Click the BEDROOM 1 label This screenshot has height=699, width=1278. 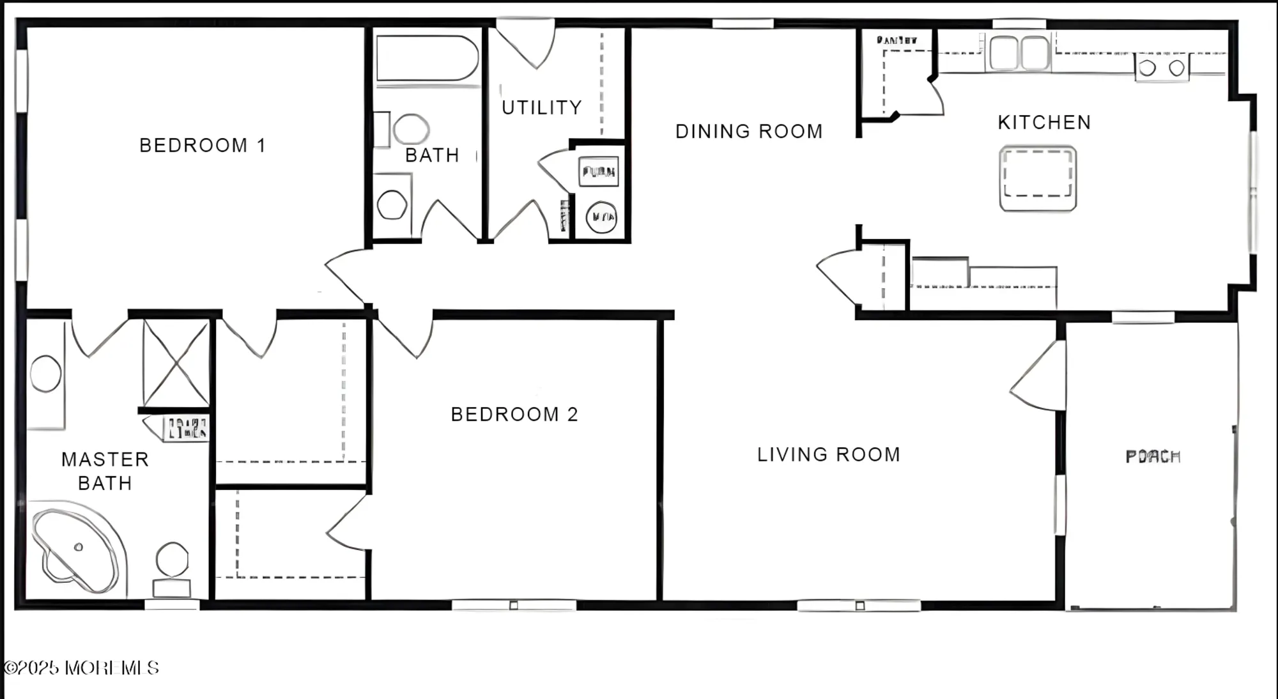click(202, 146)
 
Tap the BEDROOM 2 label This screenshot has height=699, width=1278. click(514, 415)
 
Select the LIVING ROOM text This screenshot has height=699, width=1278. click(829, 455)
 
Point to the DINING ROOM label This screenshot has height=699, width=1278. click(749, 132)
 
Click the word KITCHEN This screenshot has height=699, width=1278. click(1044, 123)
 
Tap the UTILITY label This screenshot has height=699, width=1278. click(542, 108)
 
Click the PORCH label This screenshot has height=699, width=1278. click(1153, 457)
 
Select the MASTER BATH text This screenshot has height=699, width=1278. click(105, 471)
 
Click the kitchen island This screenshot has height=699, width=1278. click(1038, 178)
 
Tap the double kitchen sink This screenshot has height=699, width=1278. click(1019, 53)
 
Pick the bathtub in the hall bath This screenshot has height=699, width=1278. click(427, 58)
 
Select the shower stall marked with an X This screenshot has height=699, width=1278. click(176, 362)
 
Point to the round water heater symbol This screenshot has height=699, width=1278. click(601, 217)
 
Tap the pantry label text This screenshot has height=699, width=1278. click(897, 40)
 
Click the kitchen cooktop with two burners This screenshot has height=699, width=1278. click(1162, 68)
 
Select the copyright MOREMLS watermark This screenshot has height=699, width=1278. click(81, 668)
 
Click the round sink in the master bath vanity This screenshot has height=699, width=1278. click(46, 374)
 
